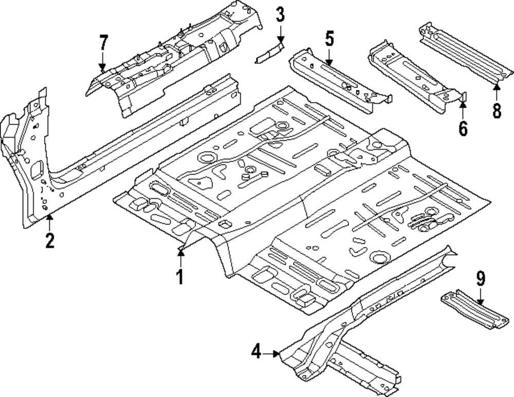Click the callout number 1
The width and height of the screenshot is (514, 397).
[x=179, y=277]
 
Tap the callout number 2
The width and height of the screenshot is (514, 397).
[x=49, y=241]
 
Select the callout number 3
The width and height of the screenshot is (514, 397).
[x=280, y=15]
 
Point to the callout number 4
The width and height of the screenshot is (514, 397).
[x=256, y=352]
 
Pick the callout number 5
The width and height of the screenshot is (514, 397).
[x=329, y=39]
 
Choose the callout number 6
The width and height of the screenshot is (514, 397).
[x=463, y=128]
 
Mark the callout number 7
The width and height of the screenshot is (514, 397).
[x=103, y=43]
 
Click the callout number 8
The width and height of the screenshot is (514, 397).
[x=497, y=110]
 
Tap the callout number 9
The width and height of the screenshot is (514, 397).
[x=480, y=279]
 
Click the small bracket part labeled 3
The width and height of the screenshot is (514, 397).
[x=269, y=52]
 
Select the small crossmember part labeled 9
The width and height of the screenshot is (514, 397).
[x=474, y=309]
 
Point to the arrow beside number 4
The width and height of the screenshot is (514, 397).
[x=271, y=353]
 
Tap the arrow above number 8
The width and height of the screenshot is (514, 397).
[x=497, y=92]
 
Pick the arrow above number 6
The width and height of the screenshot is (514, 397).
[x=463, y=110]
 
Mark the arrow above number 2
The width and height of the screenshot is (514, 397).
[x=49, y=222]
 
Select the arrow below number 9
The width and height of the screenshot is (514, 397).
[x=480, y=297]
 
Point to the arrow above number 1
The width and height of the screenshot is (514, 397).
[x=180, y=259]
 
